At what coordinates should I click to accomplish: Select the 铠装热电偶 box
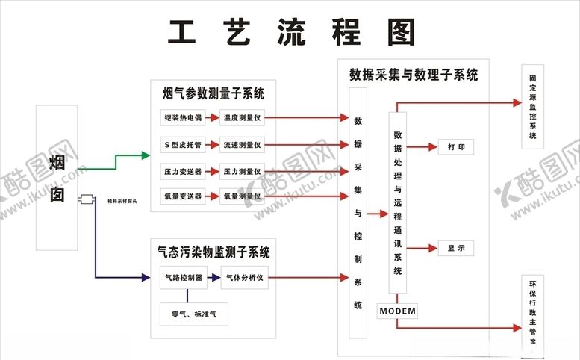coord(183,118)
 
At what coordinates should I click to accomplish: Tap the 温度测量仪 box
coord(242,118)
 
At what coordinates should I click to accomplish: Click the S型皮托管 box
coord(183,144)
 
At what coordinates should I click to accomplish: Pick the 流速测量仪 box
coord(242,144)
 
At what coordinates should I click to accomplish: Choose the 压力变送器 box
coord(183,171)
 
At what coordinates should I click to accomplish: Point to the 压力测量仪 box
coord(242,171)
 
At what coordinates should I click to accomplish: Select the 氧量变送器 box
coord(183,196)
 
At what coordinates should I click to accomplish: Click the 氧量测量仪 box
coord(242,196)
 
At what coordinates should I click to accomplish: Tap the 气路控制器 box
coord(183,278)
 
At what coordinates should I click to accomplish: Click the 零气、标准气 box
coord(194,314)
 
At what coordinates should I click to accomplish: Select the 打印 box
coord(455,147)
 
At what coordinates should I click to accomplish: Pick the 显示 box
coord(455,249)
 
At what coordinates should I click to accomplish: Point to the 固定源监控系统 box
coord(532,107)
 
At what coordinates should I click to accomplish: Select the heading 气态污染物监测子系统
coord(213,252)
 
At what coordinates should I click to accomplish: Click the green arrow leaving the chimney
coord(119,156)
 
